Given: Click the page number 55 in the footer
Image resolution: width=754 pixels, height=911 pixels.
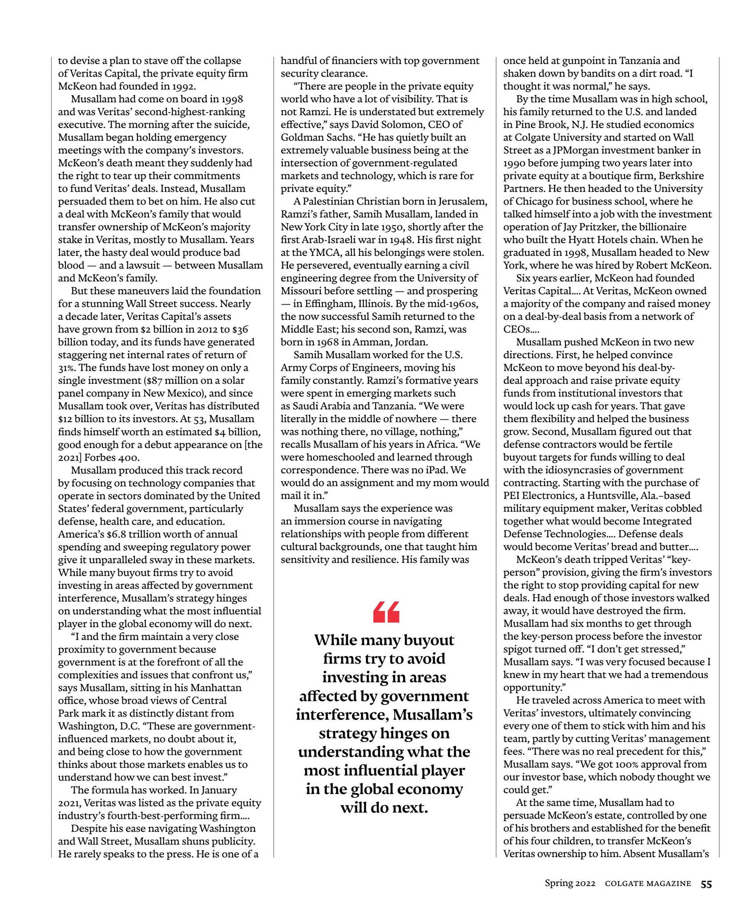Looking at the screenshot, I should click(706, 884).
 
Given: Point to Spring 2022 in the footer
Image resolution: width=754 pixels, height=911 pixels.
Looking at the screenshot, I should click(570, 883).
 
